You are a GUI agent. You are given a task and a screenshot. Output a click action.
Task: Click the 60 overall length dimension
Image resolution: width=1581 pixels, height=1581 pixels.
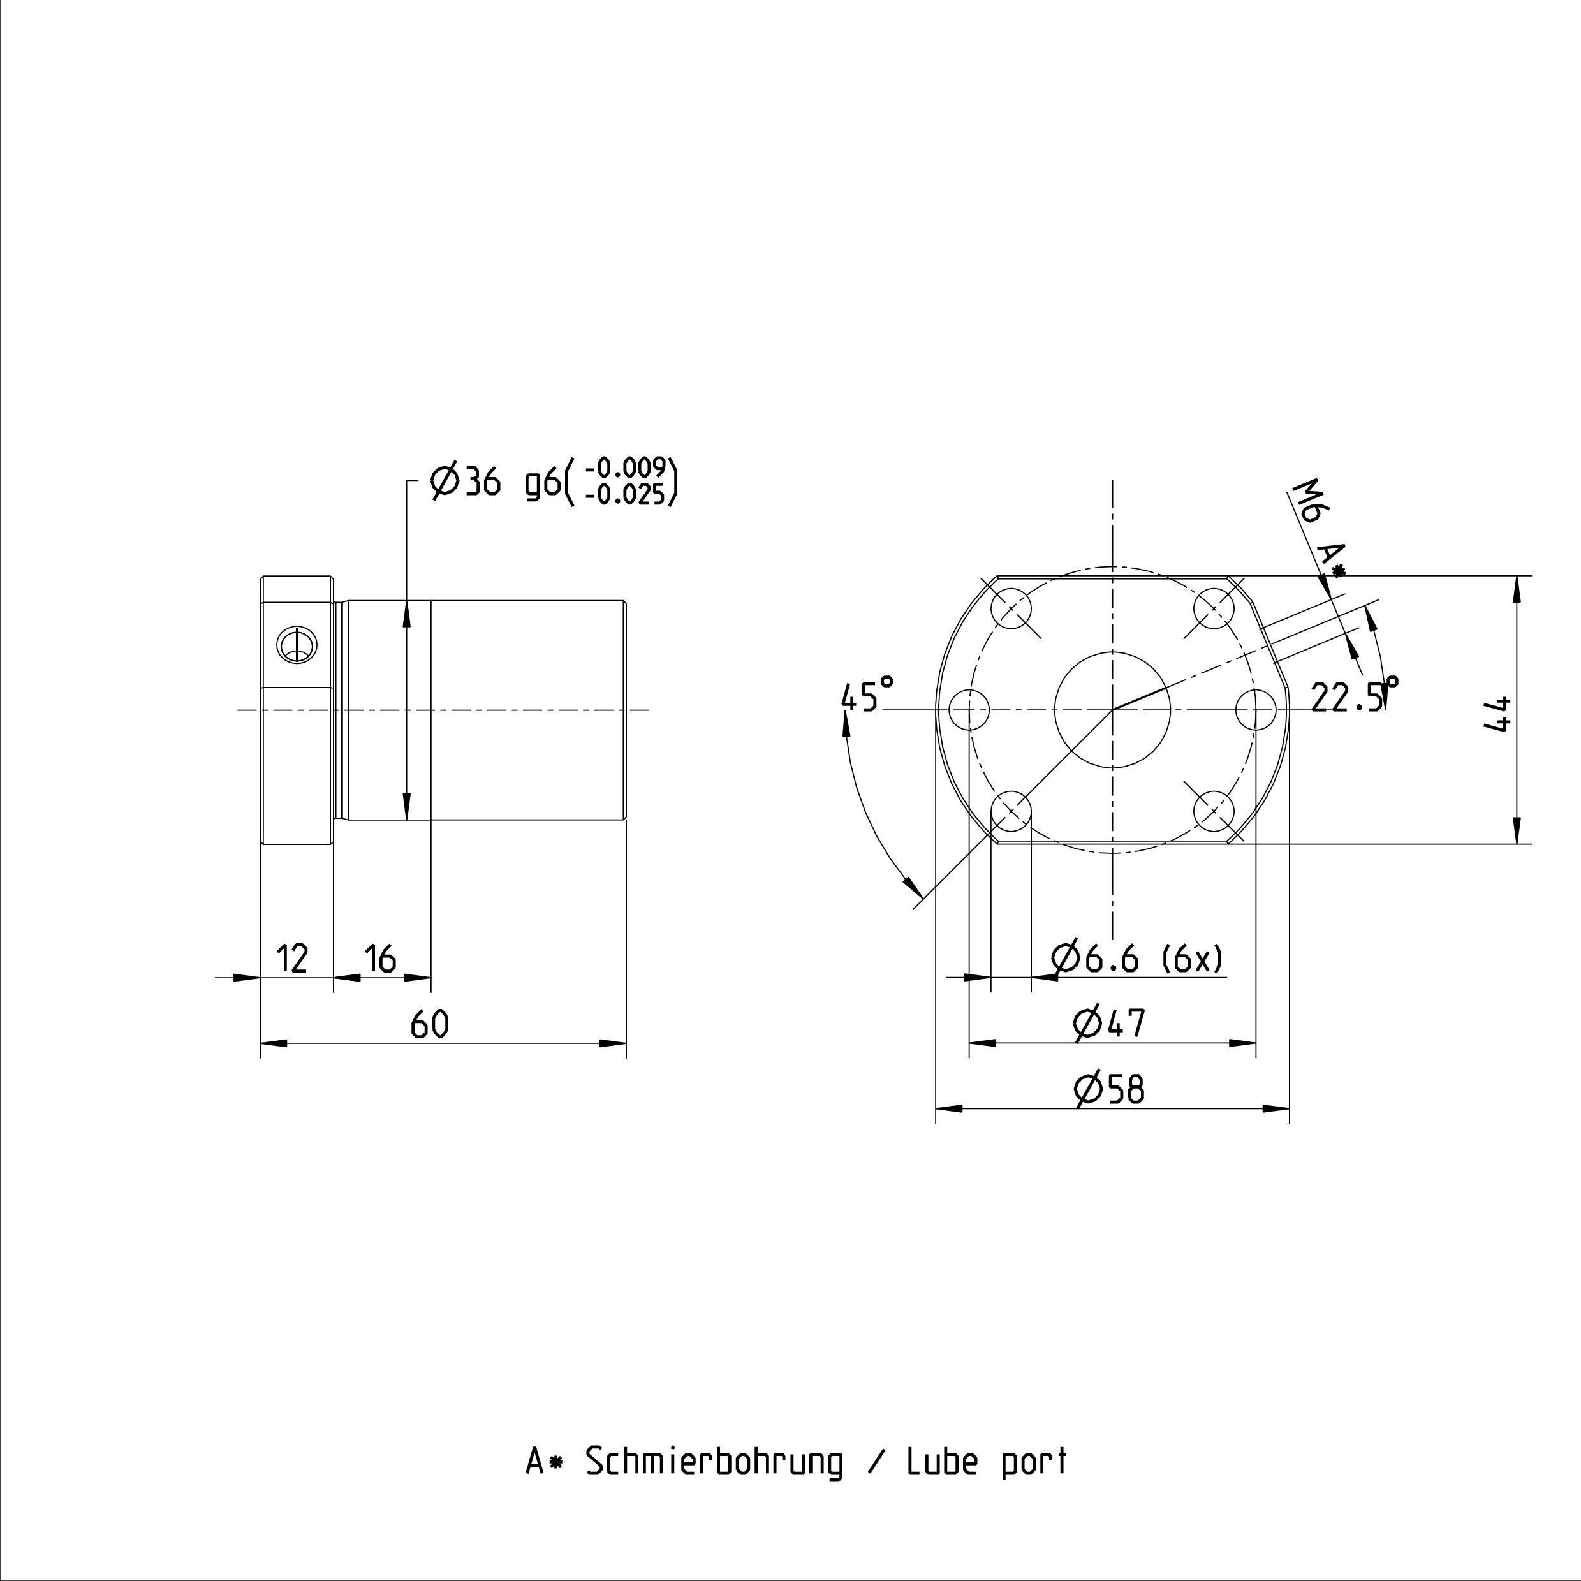click(x=430, y=1024)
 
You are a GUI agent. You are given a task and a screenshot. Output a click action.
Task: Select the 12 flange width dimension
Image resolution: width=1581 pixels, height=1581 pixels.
click(x=292, y=959)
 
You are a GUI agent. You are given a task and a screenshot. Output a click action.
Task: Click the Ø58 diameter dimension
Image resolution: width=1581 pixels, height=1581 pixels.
click(x=1109, y=1089)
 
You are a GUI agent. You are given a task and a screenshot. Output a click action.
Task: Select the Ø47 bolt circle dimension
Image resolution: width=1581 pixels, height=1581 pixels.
click(x=1109, y=1023)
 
